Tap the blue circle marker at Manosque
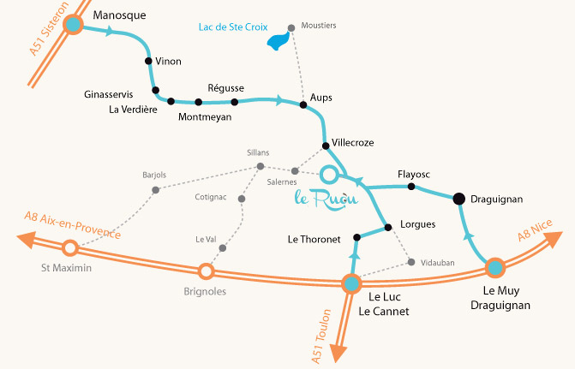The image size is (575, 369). [x=74, y=26]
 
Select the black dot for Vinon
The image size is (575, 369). [x=148, y=62]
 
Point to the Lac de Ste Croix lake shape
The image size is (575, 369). [x=277, y=41]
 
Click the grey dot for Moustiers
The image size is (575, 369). [x=291, y=28]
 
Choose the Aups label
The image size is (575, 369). [x=321, y=98]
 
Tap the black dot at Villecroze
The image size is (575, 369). [x=326, y=145]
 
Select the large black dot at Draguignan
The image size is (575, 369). [x=458, y=199]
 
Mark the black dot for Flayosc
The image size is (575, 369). [x=411, y=186]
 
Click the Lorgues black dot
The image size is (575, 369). [x=388, y=227]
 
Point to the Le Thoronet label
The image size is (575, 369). [x=314, y=240]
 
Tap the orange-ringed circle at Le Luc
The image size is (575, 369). [x=350, y=283]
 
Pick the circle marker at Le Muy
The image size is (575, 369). [x=494, y=268]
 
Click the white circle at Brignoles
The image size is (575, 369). [x=206, y=271]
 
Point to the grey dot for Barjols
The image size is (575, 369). [x=155, y=189]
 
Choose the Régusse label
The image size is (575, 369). [x=226, y=88]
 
